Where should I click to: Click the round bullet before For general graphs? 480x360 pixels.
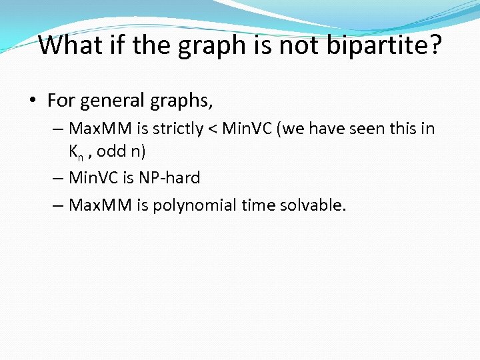pyautogui.click(x=33, y=101)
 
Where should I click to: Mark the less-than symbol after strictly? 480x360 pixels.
pyautogui.click(x=212, y=128)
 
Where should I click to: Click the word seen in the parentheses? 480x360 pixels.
pyautogui.click(x=364, y=128)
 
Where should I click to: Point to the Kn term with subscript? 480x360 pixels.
pyautogui.click(x=76, y=152)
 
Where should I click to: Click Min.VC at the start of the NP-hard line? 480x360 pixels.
pyautogui.click(x=91, y=178)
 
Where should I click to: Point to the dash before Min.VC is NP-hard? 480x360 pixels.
pyautogui.click(x=57, y=178)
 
